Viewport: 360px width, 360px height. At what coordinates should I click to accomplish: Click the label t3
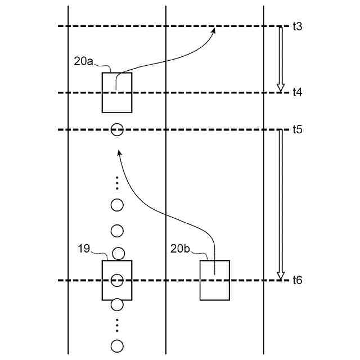tap(298, 26)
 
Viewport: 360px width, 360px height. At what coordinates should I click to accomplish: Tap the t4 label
tap(298, 93)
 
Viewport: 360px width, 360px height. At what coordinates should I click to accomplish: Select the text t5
tap(298, 130)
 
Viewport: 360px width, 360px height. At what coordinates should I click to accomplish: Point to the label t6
tap(298, 280)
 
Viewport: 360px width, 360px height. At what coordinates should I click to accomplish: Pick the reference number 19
tap(84, 248)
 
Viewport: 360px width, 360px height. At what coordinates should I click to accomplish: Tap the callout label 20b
tap(181, 248)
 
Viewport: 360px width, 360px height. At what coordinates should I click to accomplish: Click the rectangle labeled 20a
tap(117, 92)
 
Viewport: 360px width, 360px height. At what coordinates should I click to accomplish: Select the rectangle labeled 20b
tap(215, 280)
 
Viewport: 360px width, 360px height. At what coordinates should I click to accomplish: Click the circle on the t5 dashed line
tap(117, 130)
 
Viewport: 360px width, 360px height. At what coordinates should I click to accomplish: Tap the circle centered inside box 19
tap(117, 280)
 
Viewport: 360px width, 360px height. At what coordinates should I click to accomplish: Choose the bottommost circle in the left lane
tap(117, 345)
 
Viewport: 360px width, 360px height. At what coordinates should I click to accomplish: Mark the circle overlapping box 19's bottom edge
tap(117, 305)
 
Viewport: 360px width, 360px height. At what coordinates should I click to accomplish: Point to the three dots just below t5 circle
tap(117, 183)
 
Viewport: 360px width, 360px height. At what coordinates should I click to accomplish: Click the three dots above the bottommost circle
tap(117, 325)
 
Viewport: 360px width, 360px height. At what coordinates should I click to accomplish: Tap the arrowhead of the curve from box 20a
tap(214, 31)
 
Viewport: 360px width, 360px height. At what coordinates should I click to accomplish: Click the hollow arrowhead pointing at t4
tap(280, 87)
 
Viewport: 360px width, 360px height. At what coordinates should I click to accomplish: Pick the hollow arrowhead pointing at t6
tap(280, 276)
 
